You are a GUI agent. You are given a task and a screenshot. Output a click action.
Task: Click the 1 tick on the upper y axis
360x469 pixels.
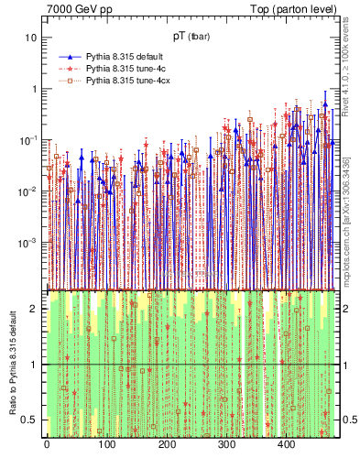[34, 89]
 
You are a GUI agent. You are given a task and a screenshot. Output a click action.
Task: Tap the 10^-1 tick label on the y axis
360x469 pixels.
[28, 140]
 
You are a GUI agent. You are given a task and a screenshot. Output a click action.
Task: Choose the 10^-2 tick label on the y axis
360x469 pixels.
[28, 191]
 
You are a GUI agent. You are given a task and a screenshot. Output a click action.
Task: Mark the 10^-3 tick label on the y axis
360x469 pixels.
[28, 243]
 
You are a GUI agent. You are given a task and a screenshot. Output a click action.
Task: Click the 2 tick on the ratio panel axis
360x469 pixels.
[34, 309]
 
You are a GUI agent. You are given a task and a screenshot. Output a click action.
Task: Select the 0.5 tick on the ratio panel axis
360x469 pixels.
[30, 420]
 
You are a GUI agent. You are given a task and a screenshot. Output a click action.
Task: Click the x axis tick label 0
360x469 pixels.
[47, 445]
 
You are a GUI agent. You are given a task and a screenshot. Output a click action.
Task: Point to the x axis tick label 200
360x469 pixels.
[167, 445]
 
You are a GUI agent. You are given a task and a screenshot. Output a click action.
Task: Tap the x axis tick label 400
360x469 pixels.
[286, 445]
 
